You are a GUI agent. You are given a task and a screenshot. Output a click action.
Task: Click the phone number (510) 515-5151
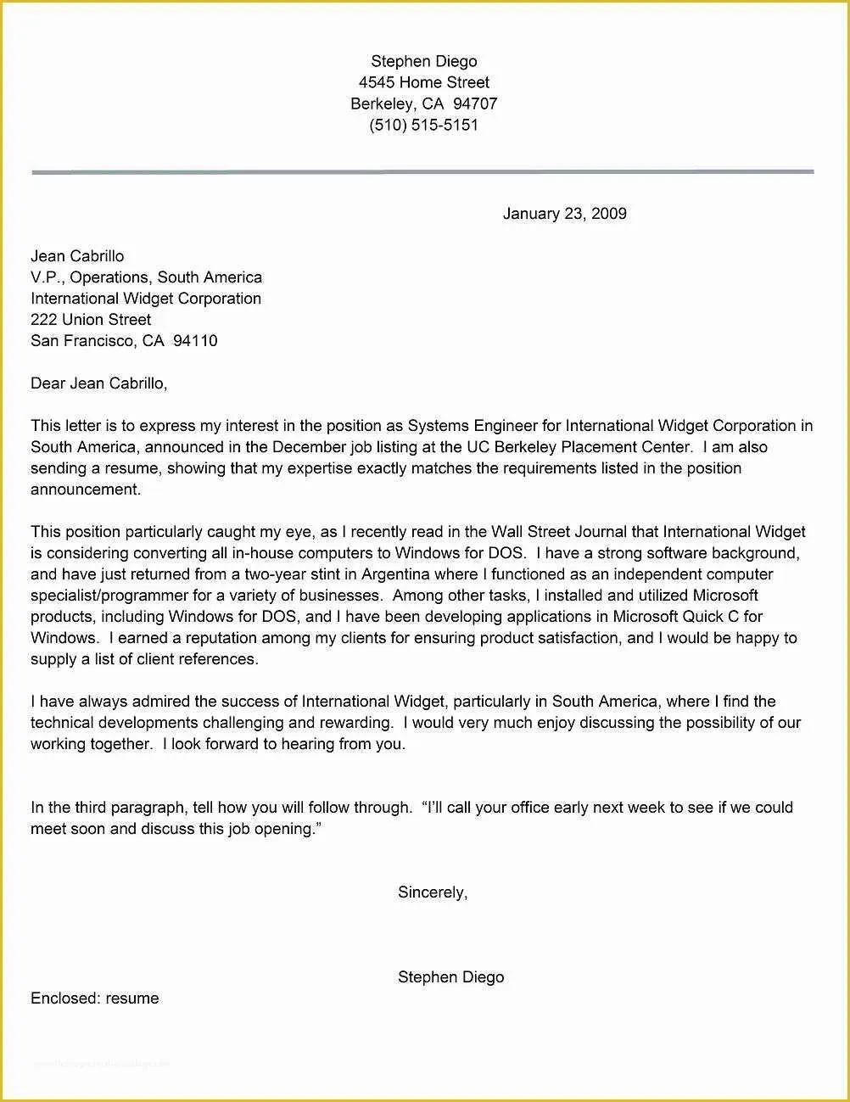coord(423,125)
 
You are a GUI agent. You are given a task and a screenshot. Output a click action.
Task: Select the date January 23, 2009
coord(564,214)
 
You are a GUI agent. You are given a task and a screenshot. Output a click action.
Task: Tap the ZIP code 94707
coord(475,103)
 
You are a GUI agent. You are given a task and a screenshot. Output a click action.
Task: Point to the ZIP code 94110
coord(195,341)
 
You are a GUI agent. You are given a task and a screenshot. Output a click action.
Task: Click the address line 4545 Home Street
coord(423,82)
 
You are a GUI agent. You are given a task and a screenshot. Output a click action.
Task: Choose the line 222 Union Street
coord(91,320)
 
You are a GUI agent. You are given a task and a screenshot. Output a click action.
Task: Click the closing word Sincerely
coord(432,892)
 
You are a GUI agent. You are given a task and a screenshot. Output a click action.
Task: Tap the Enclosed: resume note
coord(94,999)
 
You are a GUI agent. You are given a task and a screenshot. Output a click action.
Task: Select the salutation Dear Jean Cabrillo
coord(98,383)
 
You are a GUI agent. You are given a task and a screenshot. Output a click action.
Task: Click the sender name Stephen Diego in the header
coord(423,61)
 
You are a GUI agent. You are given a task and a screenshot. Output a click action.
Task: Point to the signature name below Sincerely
coord(450,977)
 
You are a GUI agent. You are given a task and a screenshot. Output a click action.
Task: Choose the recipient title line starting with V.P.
coord(146,277)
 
